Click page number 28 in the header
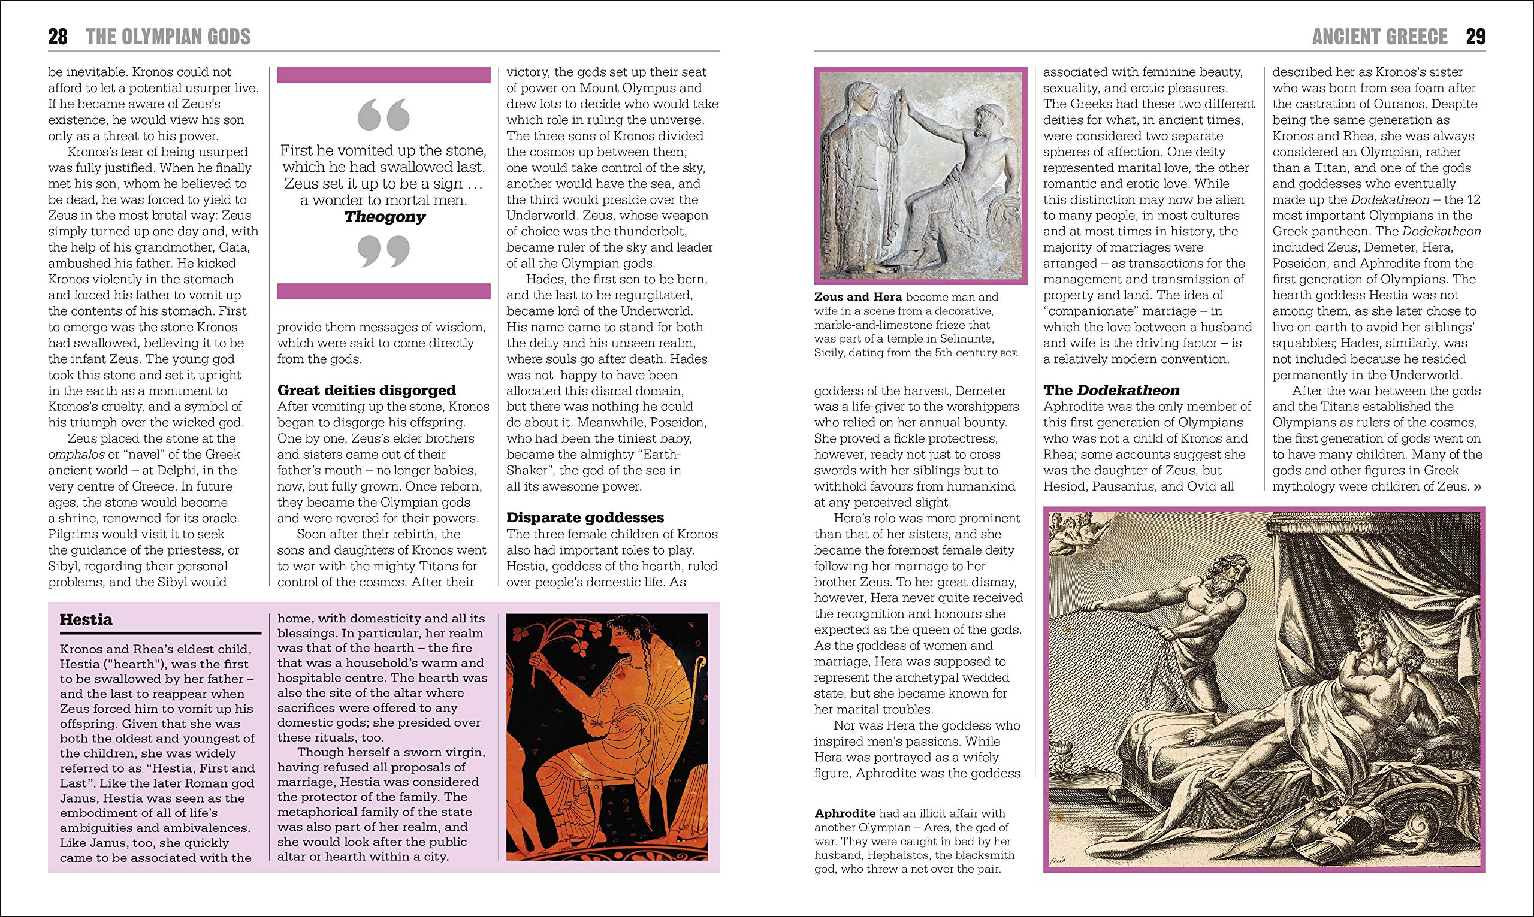pos(58,37)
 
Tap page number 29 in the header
pos(1476,37)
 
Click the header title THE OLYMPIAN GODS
pos(168,37)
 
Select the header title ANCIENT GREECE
pos(1379,37)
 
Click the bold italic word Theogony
pos(385,217)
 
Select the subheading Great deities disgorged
pos(367,390)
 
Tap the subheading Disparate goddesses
pos(585,517)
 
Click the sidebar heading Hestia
pos(86,620)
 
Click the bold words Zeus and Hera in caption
pos(858,296)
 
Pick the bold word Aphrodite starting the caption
pos(845,813)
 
